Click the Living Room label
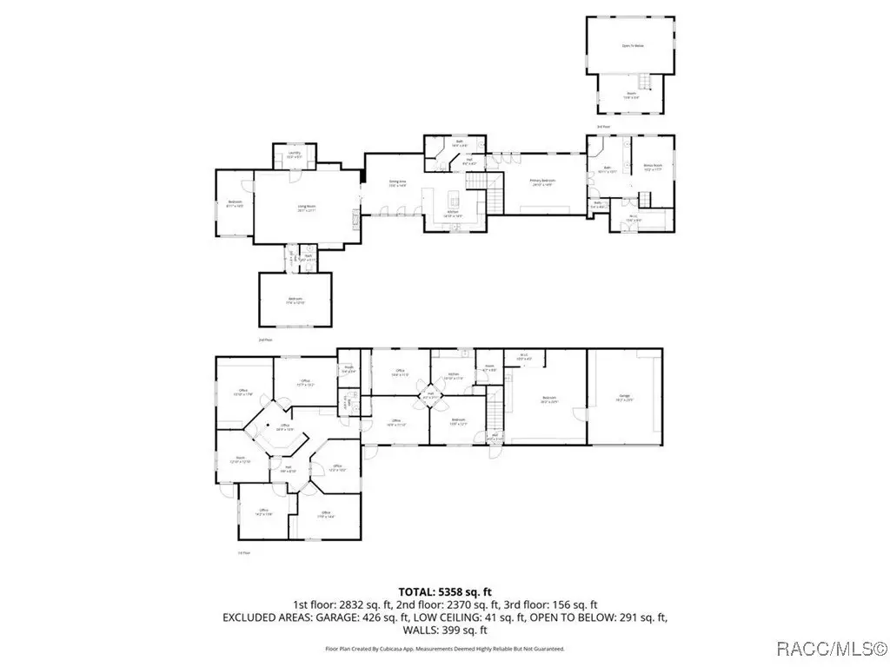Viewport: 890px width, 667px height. coord(306,208)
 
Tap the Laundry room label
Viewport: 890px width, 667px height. coord(295,155)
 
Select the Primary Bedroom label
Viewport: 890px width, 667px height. coord(542,182)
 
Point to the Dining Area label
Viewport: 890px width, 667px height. coord(397,183)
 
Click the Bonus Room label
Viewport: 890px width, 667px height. coord(653,168)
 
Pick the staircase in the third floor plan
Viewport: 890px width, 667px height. coord(645,83)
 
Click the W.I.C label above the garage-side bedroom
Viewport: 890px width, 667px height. coord(525,356)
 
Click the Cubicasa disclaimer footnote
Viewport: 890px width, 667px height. coord(445,649)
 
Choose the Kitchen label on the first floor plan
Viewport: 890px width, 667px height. coord(453,377)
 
